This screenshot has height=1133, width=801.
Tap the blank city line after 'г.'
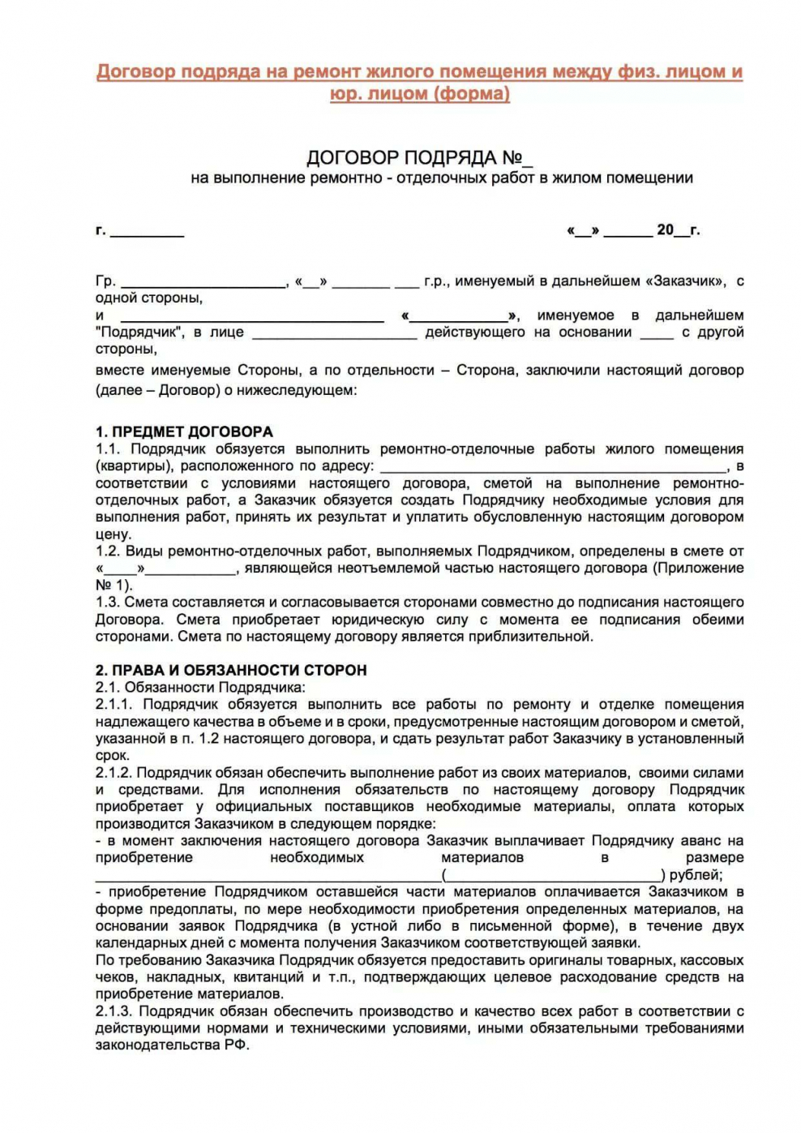click(x=147, y=232)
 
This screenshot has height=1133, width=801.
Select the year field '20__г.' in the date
click(x=678, y=230)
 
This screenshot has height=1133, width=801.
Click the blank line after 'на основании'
click(x=657, y=333)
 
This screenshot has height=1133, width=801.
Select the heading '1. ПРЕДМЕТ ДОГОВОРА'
click(x=184, y=431)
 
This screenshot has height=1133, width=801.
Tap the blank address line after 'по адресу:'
click(x=553, y=467)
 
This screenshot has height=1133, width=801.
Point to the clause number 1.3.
click(x=107, y=602)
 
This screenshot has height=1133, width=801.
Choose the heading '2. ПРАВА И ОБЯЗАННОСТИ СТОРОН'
click(x=231, y=670)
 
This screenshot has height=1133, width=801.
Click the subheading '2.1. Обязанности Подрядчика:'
click(x=200, y=687)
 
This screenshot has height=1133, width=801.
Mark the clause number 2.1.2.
click(x=114, y=773)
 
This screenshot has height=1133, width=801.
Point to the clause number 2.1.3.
click(x=114, y=1011)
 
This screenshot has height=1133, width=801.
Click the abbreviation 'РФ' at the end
click(x=235, y=1045)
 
